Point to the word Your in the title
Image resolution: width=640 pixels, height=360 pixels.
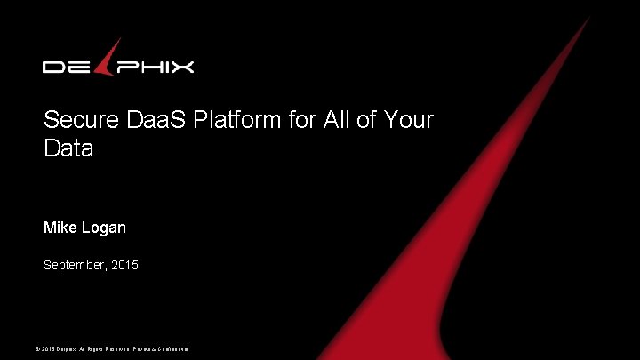(409, 120)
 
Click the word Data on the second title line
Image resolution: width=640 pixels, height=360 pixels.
(68, 148)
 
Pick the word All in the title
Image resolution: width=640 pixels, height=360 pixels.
(335, 120)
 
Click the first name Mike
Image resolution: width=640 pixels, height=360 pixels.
(60, 228)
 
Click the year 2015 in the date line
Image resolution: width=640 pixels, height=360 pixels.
(125, 265)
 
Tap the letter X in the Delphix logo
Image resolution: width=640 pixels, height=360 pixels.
(181, 67)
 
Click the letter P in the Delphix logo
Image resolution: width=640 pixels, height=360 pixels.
(125, 67)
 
